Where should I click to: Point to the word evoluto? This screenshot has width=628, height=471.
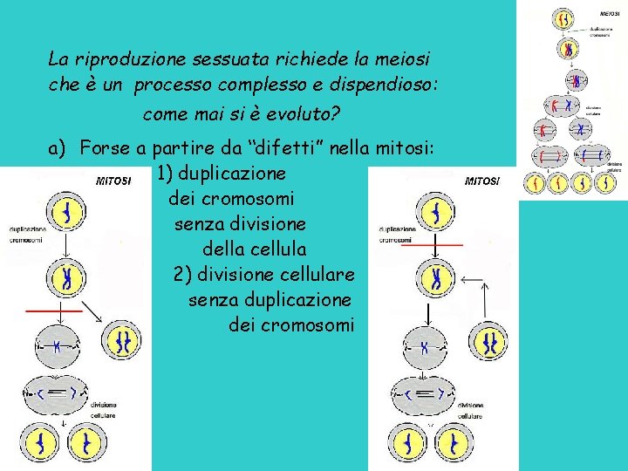301,114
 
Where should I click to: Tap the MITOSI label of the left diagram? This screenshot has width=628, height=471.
113,181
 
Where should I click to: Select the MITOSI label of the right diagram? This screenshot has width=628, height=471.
482,181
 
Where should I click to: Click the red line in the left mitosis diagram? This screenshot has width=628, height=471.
54,310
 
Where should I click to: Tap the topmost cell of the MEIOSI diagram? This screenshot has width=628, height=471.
565,19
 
